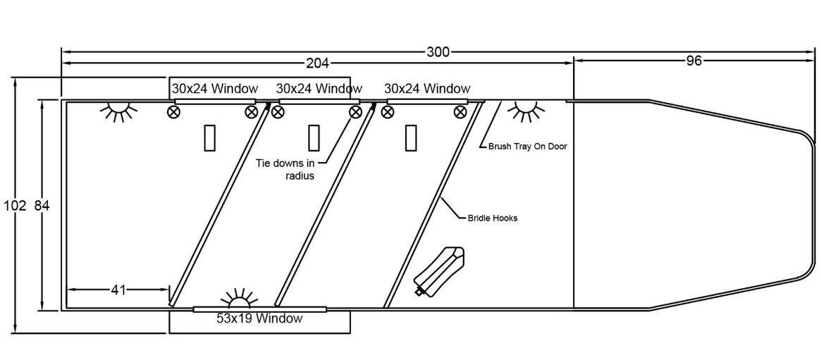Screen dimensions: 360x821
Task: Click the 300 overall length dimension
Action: pyautogui.click(x=438, y=51)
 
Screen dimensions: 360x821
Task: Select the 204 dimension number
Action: pyautogui.click(x=317, y=63)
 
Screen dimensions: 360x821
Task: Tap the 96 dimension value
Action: pyautogui.click(x=694, y=61)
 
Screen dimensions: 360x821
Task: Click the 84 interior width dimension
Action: pyautogui.click(x=42, y=206)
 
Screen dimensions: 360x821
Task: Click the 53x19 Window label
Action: pyautogui.click(x=259, y=318)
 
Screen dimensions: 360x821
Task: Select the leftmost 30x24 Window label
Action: pyautogui.click(x=215, y=89)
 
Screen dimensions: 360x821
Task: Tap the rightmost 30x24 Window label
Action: pyautogui.click(x=427, y=89)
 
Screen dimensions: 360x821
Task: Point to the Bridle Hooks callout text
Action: pyautogui.click(x=493, y=218)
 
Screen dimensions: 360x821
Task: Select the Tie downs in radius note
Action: pyautogui.click(x=290, y=170)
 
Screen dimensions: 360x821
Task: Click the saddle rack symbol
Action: pyautogui.click(x=439, y=271)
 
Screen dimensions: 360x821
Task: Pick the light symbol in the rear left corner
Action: pyautogui.click(x=118, y=111)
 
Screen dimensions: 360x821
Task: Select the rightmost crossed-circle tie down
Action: pyautogui.click(x=460, y=112)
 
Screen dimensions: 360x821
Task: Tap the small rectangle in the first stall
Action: pyautogui.click(x=209, y=137)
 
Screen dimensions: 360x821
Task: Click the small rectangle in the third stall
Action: pyautogui.click(x=411, y=137)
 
